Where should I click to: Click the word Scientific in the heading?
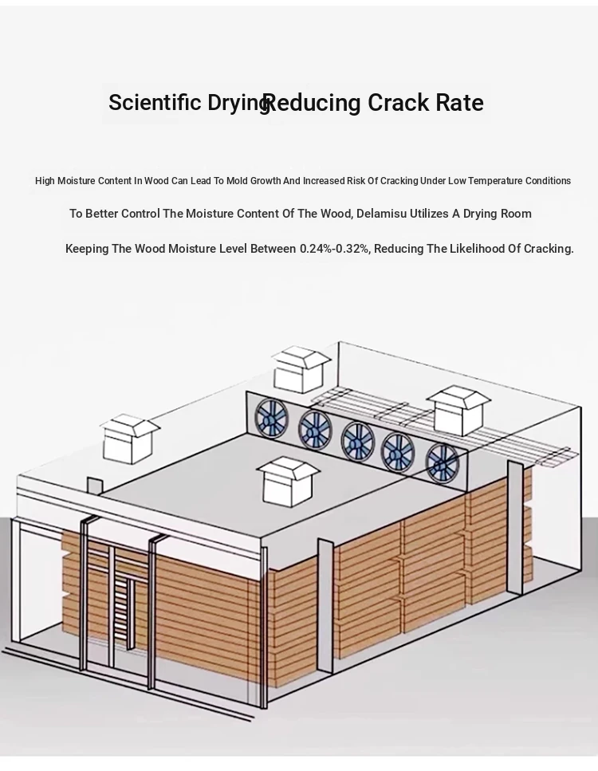click(155, 102)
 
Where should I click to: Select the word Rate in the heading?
click(460, 102)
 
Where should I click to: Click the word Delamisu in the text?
click(382, 214)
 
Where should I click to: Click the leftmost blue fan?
click(271, 418)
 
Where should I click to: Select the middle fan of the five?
click(358, 441)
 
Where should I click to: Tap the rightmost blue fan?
click(442, 462)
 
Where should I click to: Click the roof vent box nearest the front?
click(288, 482)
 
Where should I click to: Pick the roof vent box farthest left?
click(130, 439)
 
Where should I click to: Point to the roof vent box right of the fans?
click(458, 411)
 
